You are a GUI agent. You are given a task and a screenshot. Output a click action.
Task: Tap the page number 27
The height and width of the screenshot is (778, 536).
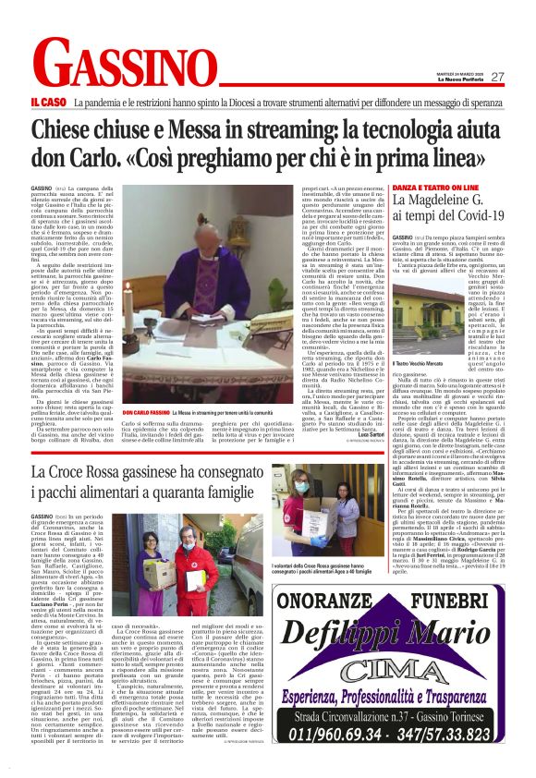click(496, 77)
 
